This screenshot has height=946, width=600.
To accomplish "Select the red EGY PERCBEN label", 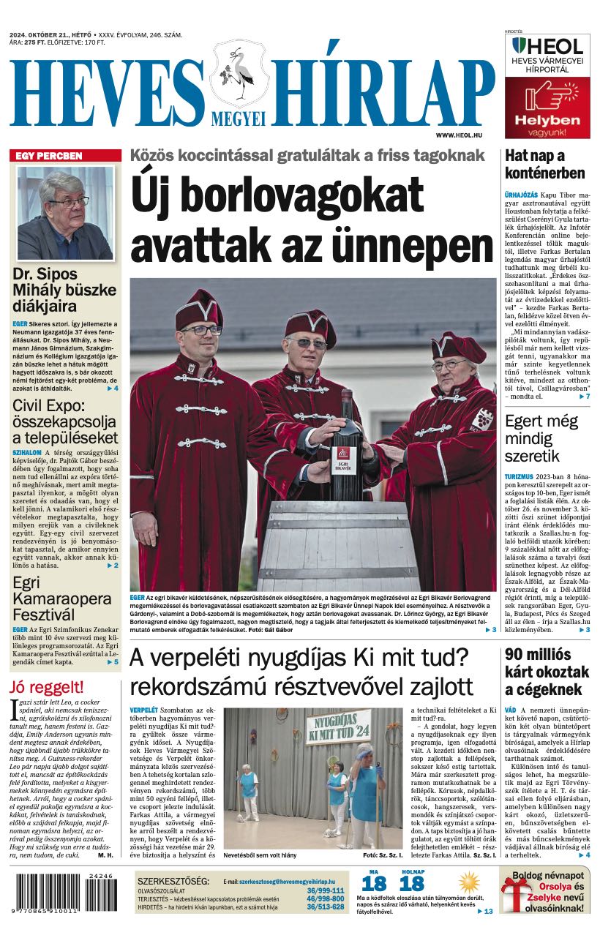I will coord(49,156).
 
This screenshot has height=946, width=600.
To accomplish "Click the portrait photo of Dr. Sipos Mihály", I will coord(66,213).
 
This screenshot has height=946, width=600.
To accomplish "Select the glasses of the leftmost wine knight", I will coord(201,330).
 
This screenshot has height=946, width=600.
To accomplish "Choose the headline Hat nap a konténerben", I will coord(544,165).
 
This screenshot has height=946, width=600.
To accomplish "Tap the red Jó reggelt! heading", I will coord(47,687).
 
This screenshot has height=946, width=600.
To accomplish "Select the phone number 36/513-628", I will coord(326,906).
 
